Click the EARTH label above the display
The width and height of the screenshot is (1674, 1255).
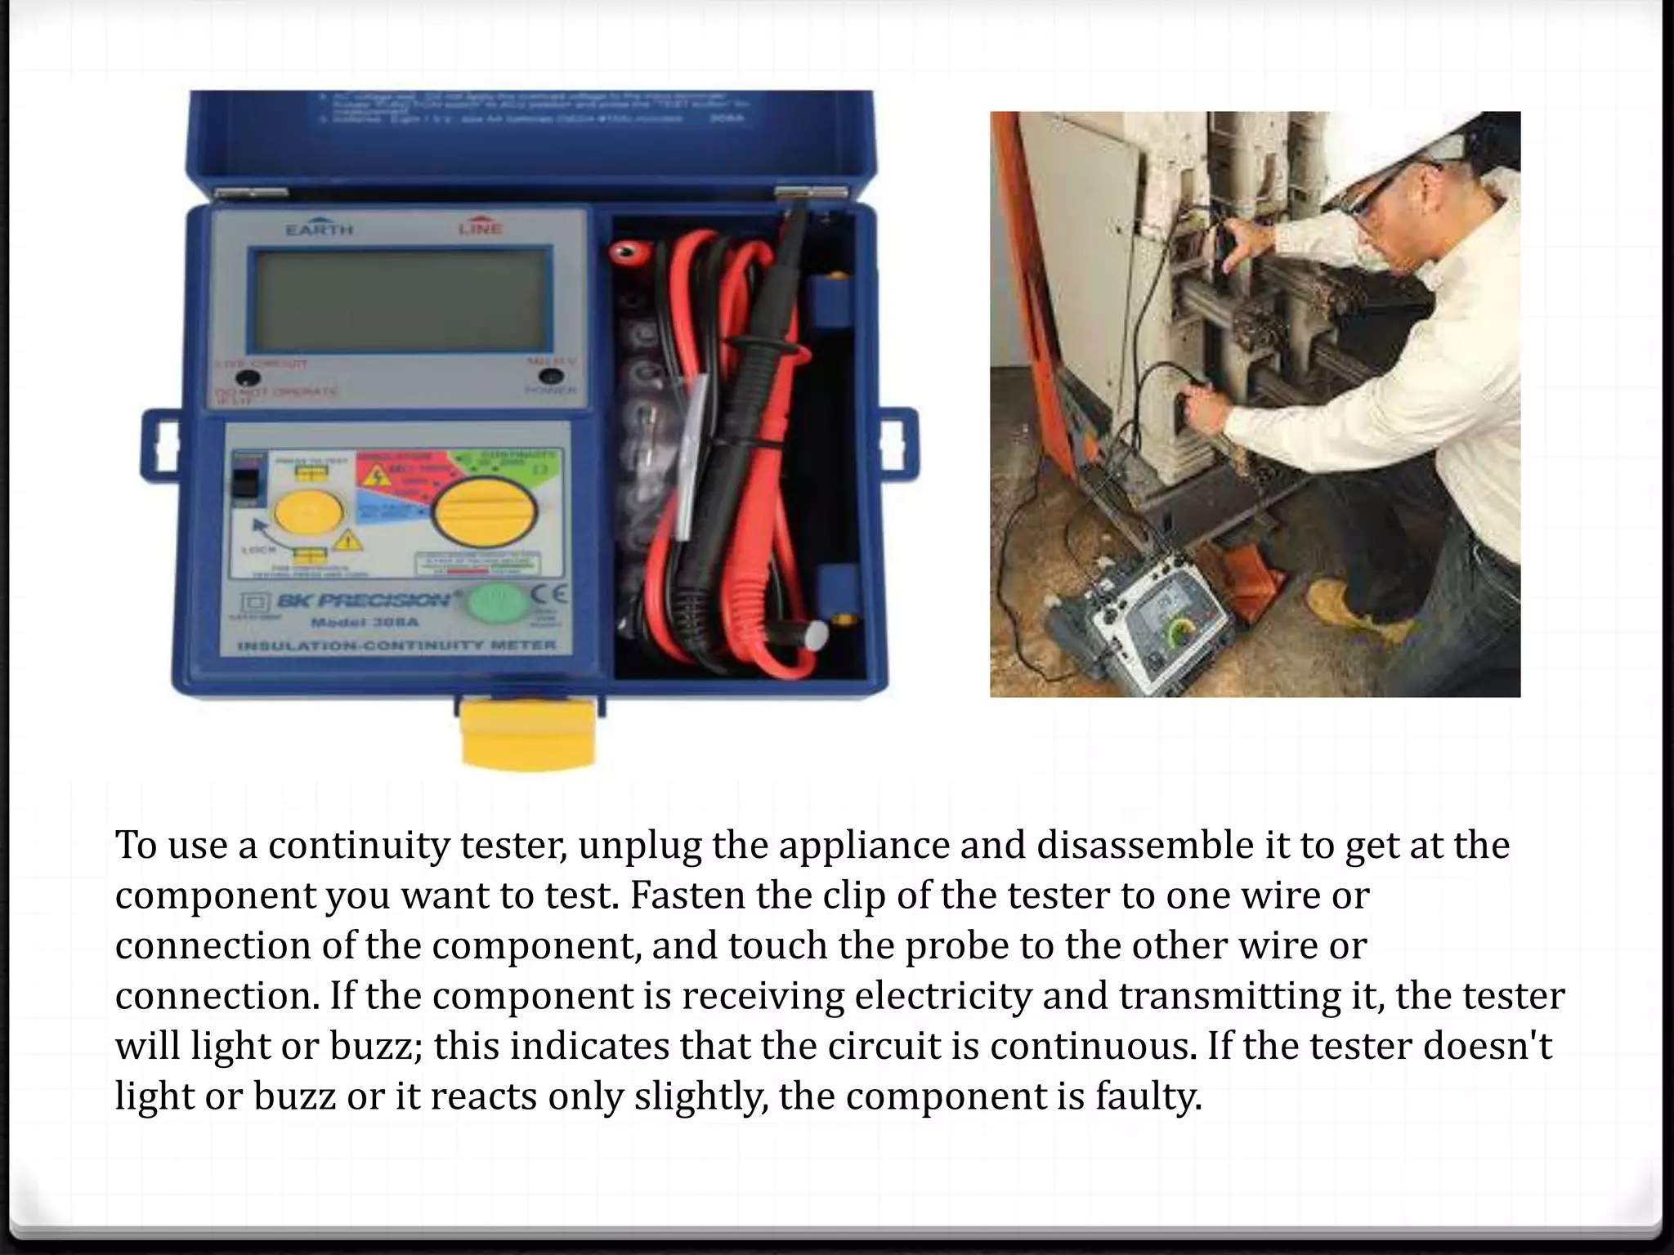320,230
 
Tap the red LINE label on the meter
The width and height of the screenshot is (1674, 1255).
480,228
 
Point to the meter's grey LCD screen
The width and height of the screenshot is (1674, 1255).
401,300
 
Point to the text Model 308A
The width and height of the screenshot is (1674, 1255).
365,623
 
